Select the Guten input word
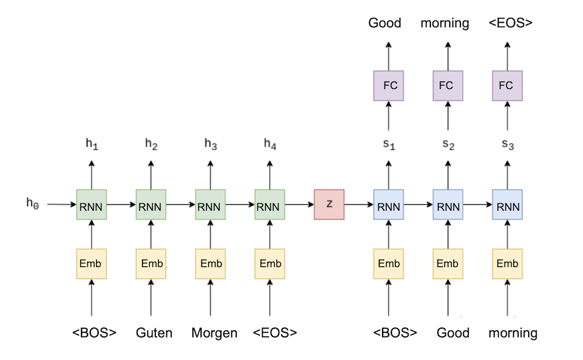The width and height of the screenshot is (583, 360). point(155,333)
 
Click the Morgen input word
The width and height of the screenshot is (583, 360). point(214,333)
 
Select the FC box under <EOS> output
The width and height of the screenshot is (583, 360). point(507,85)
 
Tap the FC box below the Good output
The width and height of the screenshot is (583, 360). point(389,85)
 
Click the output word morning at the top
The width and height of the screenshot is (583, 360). point(444,23)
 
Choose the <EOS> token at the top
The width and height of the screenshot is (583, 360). point(510,23)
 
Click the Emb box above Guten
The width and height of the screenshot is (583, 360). point(151,264)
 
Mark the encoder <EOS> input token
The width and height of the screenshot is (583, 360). point(275,333)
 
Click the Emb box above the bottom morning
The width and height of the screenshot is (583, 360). point(507,264)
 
